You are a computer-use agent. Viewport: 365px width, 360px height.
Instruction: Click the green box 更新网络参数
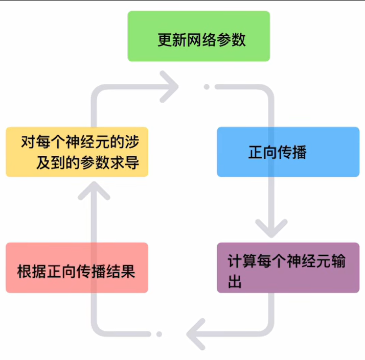coord(198,37)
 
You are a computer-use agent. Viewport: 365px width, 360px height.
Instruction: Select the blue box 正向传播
coord(288,152)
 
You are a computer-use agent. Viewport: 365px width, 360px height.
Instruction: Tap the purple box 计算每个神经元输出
coord(288,268)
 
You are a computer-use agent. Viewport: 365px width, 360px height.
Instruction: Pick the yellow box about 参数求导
coord(77,152)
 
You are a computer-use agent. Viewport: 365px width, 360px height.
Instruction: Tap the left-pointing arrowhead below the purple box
coord(196,334)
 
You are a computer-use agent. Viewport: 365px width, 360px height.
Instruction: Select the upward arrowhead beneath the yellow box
coord(94,191)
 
